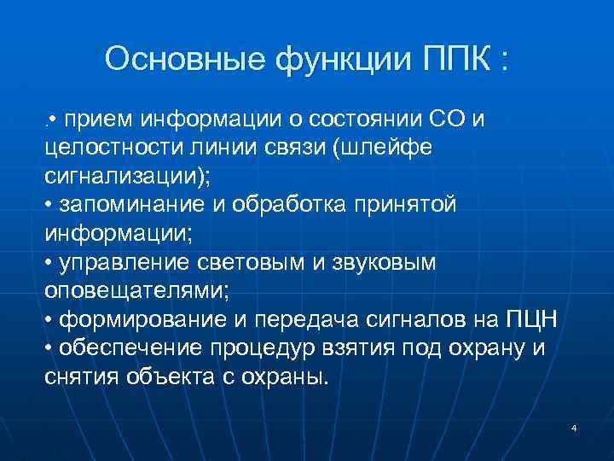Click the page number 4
click(574, 427)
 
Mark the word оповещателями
click(132, 291)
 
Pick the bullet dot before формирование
click(49, 320)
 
